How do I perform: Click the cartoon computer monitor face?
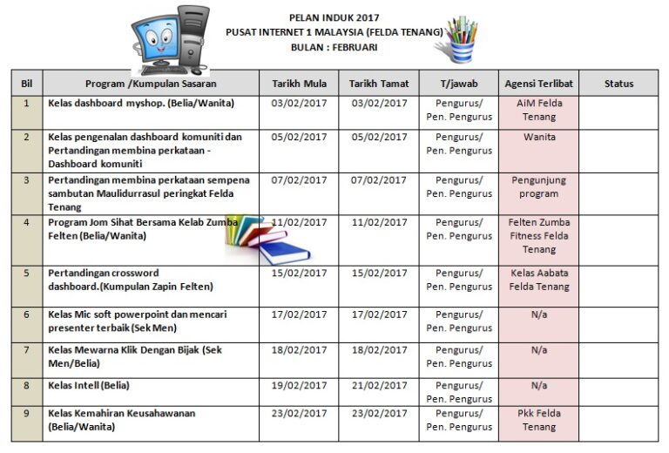pos(157,39)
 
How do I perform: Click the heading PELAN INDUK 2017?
pos(334,17)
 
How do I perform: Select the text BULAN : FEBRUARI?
pos(334,47)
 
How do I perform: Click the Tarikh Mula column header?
pos(299,84)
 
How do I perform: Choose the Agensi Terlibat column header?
pos(538,84)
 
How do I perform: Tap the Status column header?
pos(618,84)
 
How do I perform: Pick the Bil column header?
pos(26,84)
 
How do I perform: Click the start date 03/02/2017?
pos(299,103)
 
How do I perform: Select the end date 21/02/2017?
pos(378,385)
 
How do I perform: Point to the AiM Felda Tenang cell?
pos(538,110)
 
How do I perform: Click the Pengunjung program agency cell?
pos(538,187)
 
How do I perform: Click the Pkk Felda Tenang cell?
pos(538,420)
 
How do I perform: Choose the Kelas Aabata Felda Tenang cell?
pos(538,280)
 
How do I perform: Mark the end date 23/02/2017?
pos(378,413)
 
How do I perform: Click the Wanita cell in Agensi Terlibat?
pos(538,137)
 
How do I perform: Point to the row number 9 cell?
pos(26,413)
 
